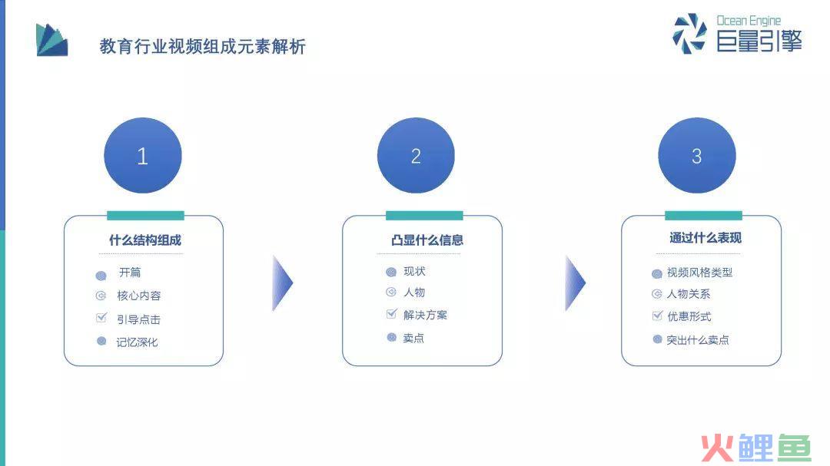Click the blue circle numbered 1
(x=143, y=156)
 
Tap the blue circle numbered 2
(x=416, y=156)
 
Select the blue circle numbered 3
(x=697, y=156)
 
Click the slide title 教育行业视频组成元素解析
(x=203, y=47)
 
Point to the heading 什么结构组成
(x=145, y=240)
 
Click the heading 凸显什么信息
(x=427, y=240)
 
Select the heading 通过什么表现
(x=705, y=238)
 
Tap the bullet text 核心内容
(x=138, y=296)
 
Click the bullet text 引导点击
(x=138, y=319)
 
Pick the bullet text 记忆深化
(x=137, y=342)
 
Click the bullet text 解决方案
(x=425, y=316)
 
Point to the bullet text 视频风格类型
(x=700, y=273)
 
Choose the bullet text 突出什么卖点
(x=698, y=340)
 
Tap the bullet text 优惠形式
(x=689, y=316)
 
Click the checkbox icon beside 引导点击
(x=101, y=317)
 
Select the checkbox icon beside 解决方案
(x=392, y=314)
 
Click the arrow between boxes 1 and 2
(x=283, y=283)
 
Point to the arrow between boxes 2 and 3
(x=576, y=283)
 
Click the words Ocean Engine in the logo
(x=749, y=21)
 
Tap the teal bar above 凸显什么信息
(x=424, y=215)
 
